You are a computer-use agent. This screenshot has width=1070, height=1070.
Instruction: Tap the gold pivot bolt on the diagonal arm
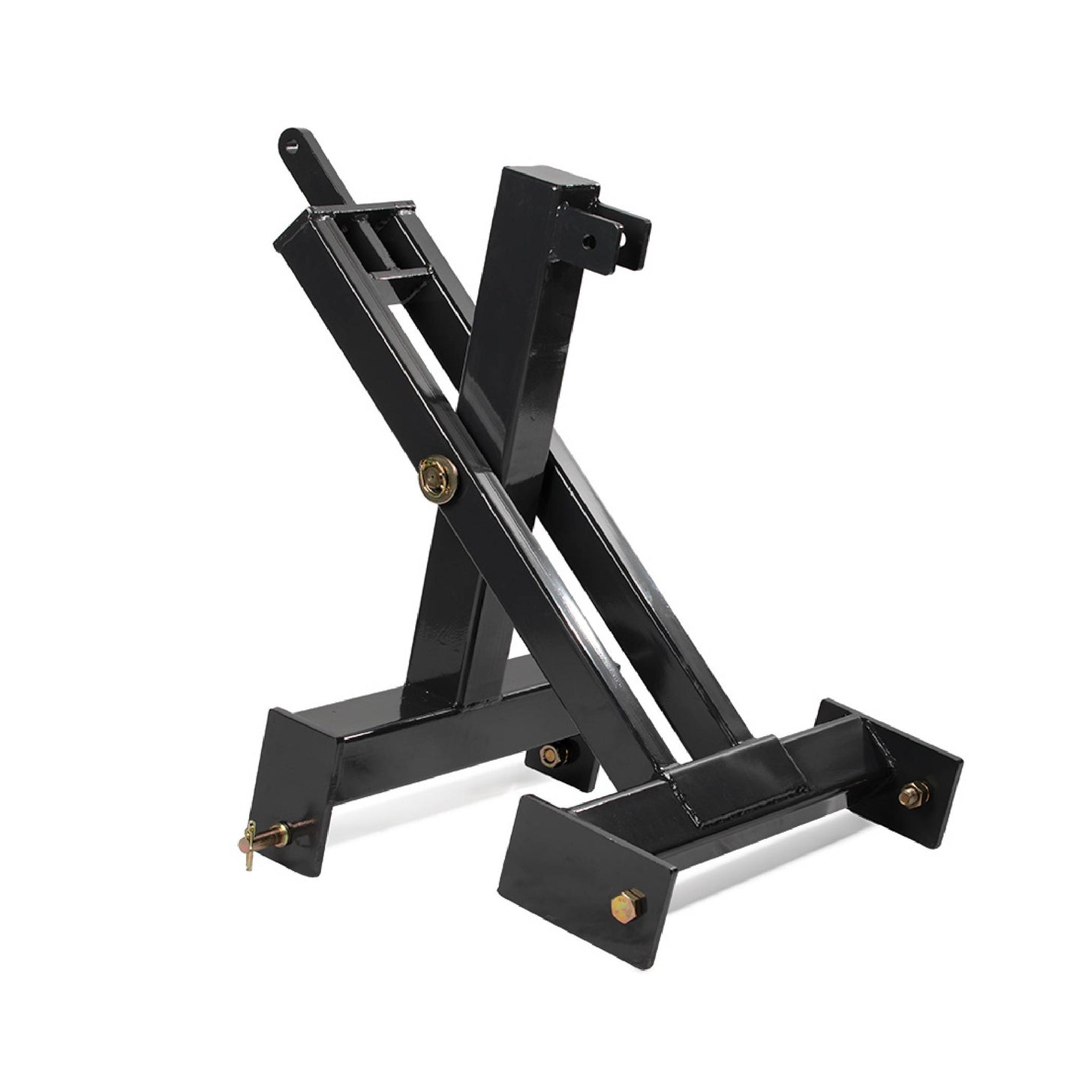coord(437,478)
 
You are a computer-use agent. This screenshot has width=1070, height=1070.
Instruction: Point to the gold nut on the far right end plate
coord(913,792)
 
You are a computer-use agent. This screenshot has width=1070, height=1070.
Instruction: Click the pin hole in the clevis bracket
coord(590,242)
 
